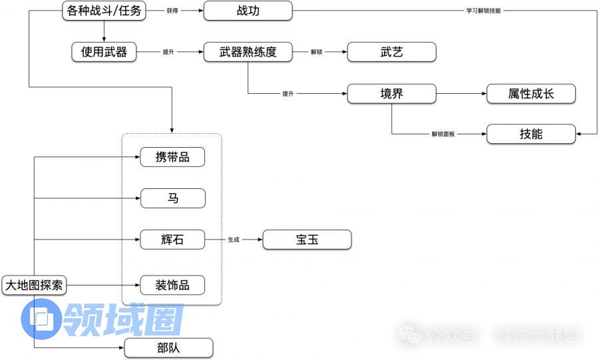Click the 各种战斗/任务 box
104,11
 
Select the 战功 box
248,11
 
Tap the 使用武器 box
104,52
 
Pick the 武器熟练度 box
248,52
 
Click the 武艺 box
391,52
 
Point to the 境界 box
391,93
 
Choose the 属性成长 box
531,93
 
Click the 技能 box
531,134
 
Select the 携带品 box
172,157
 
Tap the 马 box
172,198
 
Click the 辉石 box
172,240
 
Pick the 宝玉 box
307,240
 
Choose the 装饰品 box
172,285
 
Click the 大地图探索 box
33,285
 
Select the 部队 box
169,347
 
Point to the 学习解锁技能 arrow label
483,11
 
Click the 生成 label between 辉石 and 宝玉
234,240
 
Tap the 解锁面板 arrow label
443,134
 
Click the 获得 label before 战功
172,11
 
